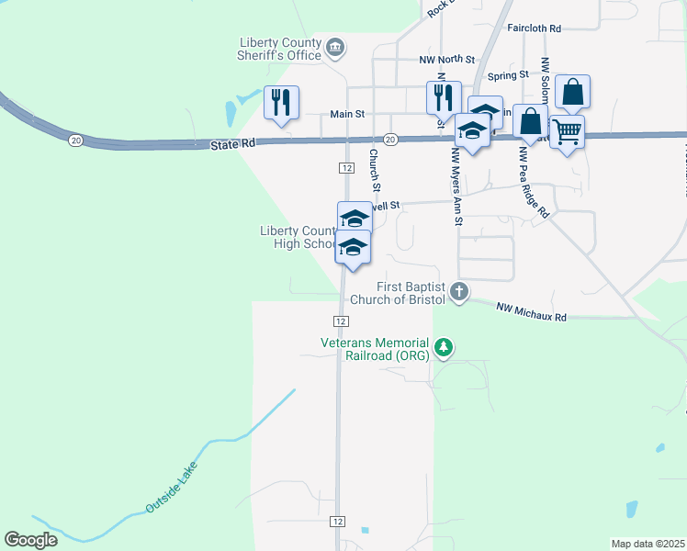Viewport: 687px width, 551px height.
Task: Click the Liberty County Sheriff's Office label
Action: click(280, 49)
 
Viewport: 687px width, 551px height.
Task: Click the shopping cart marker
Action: click(567, 133)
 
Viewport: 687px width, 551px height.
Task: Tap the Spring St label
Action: click(509, 75)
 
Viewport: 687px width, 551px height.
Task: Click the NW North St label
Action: click(447, 60)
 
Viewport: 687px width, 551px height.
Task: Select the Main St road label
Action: click(348, 115)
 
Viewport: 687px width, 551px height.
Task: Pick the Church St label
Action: click(375, 165)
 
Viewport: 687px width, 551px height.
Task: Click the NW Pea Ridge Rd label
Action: click(534, 184)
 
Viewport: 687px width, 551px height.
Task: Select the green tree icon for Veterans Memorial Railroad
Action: click(445, 347)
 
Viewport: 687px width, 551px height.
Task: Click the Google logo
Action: click(30, 540)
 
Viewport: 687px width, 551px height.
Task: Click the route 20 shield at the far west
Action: click(75, 140)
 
